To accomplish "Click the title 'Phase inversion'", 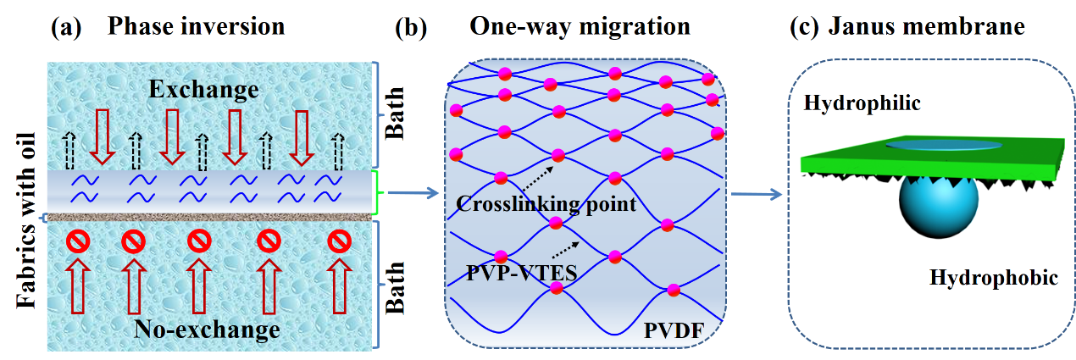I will tap(196, 26).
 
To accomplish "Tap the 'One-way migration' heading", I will tap(580, 26).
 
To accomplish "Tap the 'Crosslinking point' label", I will tap(546, 204).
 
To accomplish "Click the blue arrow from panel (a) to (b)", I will tap(412, 194).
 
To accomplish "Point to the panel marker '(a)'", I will tap(67, 26).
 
